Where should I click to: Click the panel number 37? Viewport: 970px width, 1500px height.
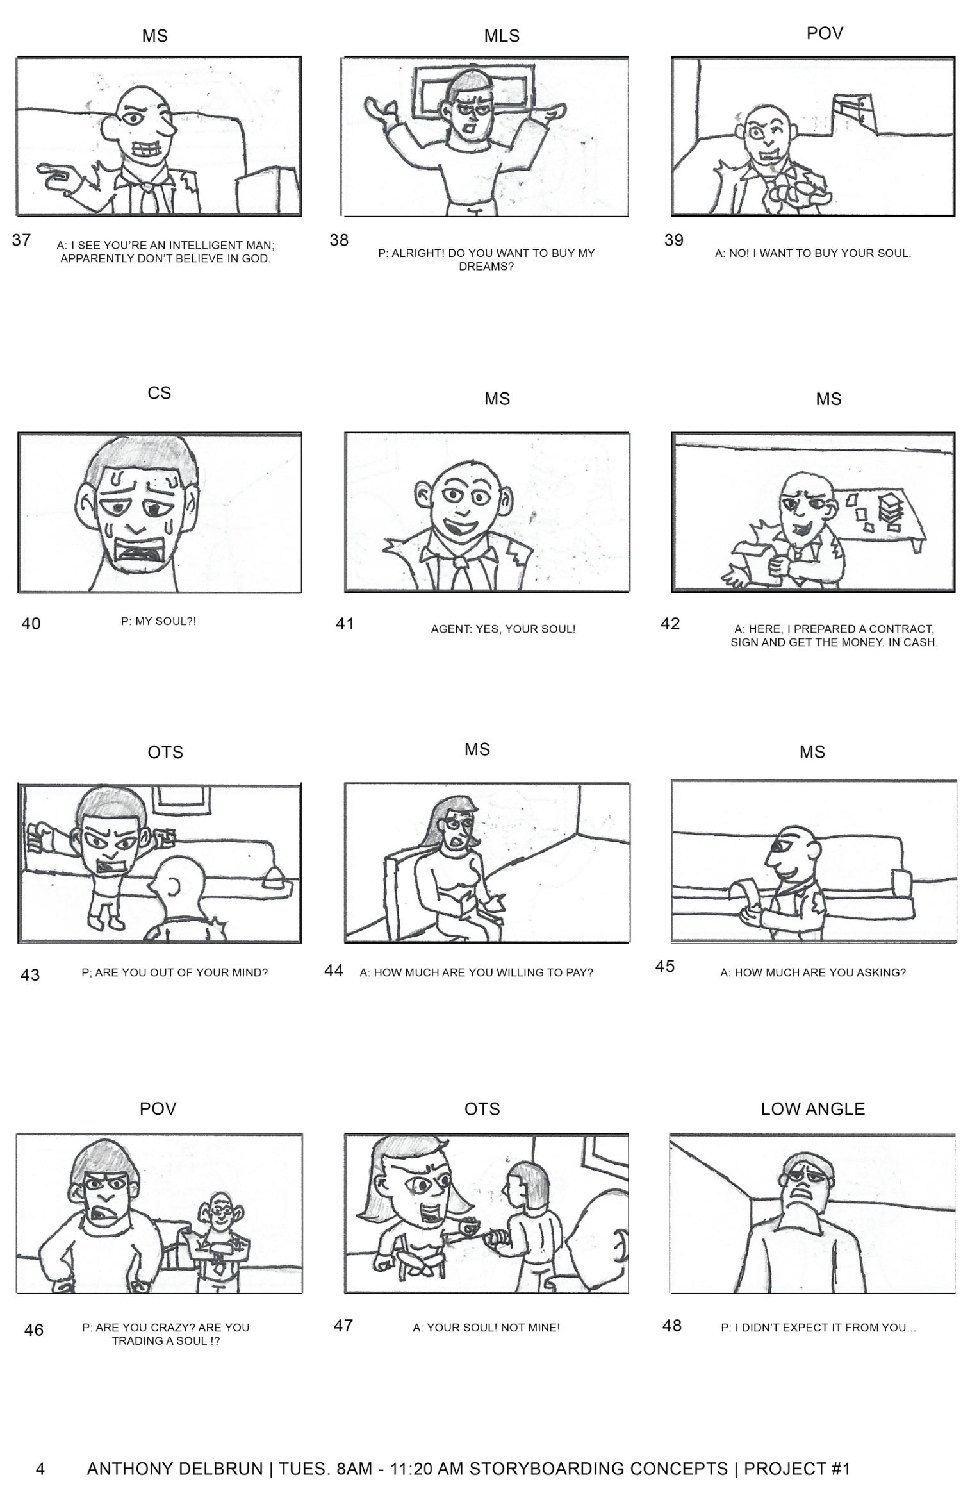coord(21,240)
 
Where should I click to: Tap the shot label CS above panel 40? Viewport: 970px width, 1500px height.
coord(159,392)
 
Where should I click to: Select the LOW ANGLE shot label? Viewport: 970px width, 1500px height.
coord(812,1109)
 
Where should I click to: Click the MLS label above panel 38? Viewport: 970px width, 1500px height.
coord(502,37)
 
